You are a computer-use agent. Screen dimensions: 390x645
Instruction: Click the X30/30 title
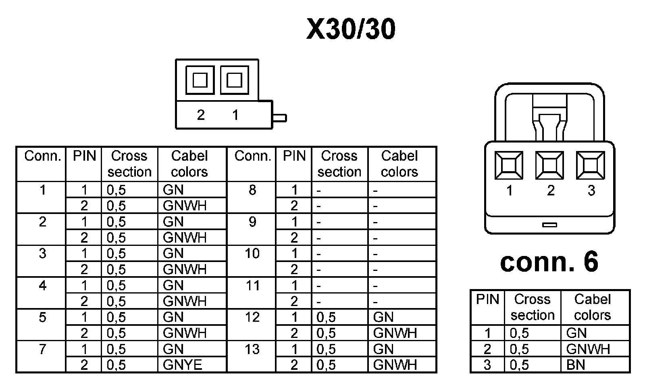351,29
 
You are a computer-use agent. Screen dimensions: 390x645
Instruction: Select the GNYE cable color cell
182,365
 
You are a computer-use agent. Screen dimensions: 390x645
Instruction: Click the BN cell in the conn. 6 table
576,365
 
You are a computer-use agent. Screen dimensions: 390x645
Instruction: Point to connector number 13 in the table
252,349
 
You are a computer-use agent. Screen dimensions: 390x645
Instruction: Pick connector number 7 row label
42,349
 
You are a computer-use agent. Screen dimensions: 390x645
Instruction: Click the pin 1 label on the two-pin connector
235,115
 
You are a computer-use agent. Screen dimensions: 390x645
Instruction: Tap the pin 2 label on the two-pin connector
201,115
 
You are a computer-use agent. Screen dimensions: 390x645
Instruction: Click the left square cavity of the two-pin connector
200,80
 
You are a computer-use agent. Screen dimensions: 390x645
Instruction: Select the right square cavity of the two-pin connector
234,80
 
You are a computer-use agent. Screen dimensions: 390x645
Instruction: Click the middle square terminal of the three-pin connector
549,165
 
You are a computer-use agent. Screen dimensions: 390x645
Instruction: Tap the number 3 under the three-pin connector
591,191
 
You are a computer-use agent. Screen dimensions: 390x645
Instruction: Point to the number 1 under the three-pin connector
509,191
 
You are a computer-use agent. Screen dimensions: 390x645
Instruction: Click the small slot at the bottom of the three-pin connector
549,224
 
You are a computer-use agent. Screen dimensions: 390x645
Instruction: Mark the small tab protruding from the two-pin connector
280,118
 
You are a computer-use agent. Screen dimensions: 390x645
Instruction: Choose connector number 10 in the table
252,254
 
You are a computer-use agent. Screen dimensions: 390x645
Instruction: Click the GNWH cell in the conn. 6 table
588,349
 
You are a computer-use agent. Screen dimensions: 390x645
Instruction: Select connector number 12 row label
252,317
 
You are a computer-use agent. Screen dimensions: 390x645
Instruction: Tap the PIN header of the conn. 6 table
487,300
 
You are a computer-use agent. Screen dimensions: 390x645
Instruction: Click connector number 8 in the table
252,190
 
